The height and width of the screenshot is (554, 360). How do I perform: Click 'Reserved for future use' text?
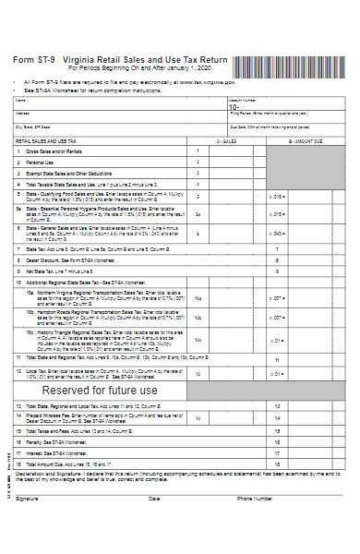tap(101, 391)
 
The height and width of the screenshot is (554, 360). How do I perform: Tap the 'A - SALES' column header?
tap(226, 141)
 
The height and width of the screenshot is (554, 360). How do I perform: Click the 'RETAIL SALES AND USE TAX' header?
tap(46, 141)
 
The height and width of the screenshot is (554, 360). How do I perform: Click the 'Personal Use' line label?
tap(41, 162)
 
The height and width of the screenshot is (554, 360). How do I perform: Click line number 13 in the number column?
tap(277, 406)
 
